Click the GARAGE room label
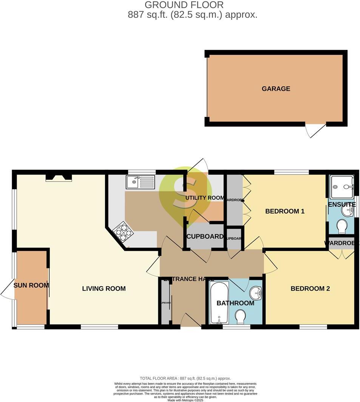276,89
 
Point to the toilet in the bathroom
240,316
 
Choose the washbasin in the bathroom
257,292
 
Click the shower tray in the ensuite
341,187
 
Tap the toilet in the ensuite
341,226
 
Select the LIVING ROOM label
104,289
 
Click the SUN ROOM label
31,285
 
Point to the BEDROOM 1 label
285,211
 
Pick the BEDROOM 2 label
310,289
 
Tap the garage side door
315,130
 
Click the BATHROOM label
235,303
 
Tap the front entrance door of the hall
191,322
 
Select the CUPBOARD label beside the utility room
205,237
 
